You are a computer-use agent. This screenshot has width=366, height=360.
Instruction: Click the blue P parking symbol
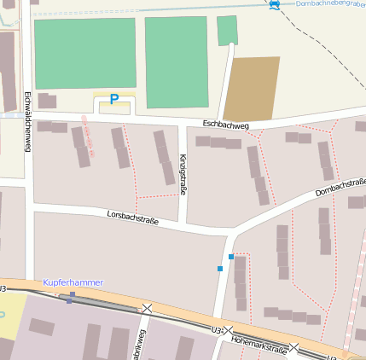(113, 101)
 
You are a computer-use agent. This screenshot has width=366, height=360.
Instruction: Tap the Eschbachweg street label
(225, 125)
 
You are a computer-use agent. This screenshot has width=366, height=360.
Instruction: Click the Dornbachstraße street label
(340, 187)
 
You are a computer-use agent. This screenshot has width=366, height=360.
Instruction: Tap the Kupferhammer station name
(75, 282)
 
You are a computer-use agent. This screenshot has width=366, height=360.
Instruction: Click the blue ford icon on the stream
(274, 5)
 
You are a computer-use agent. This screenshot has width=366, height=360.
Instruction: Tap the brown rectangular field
(253, 88)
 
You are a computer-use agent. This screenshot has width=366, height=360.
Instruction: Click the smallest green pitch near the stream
(227, 31)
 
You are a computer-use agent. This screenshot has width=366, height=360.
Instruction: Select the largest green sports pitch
(85, 53)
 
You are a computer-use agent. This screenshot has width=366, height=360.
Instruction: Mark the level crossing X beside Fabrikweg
(148, 308)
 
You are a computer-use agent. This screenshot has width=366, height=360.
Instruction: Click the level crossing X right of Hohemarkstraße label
(293, 347)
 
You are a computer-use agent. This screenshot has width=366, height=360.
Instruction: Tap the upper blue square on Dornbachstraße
(230, 256)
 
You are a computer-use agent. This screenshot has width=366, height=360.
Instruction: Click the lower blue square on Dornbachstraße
(220, 269)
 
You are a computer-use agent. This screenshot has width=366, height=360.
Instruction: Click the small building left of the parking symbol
(47, 102)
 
